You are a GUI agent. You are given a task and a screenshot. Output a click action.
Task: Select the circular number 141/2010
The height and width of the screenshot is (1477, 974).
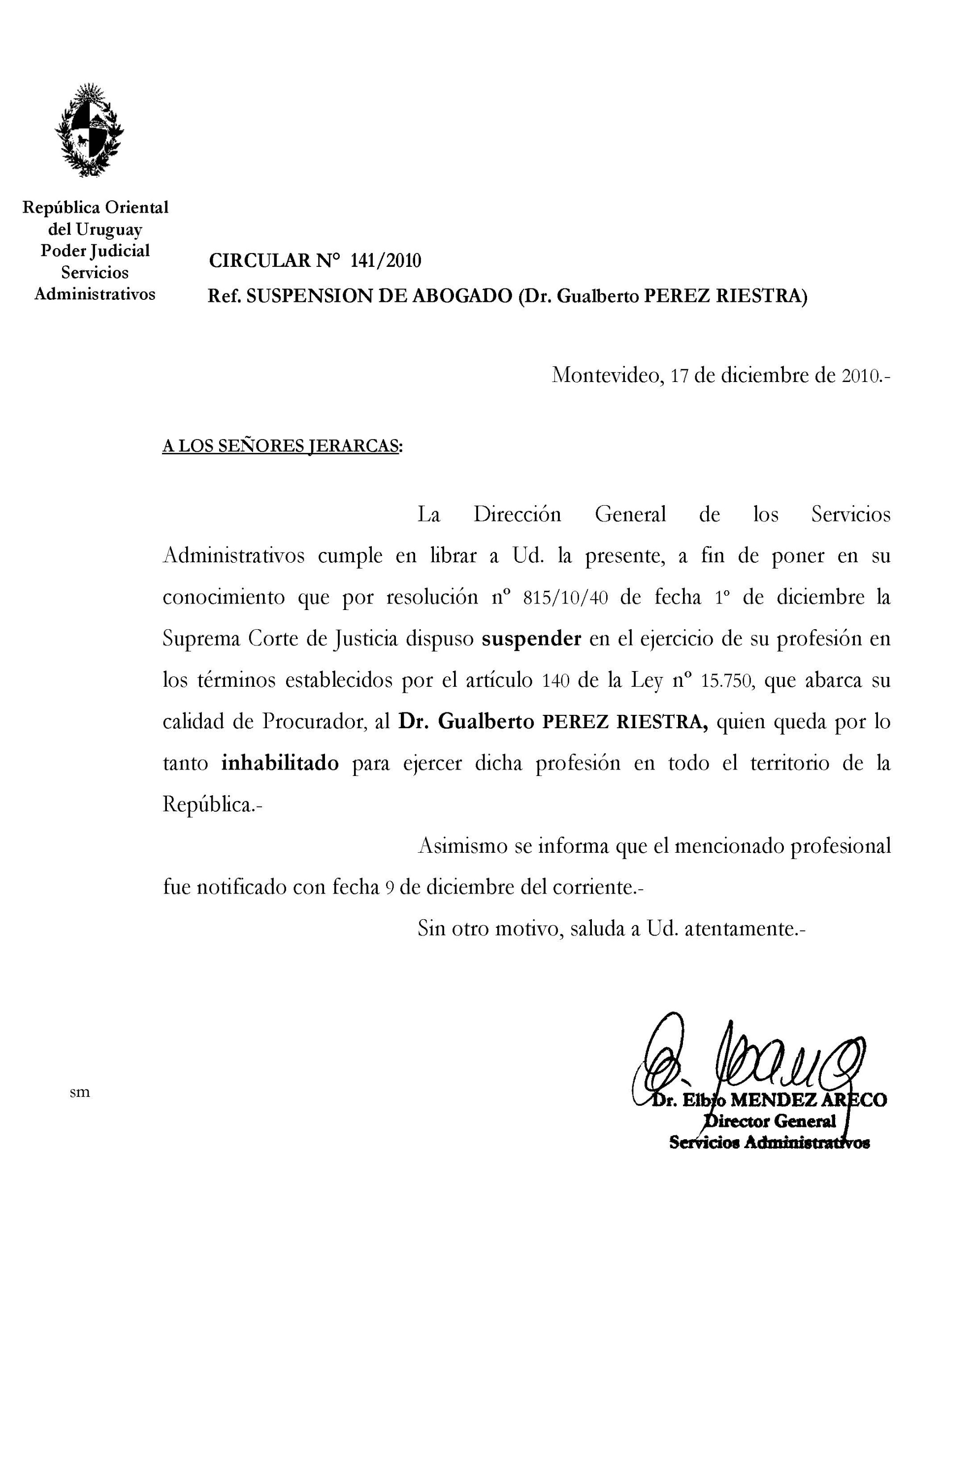[385, 261]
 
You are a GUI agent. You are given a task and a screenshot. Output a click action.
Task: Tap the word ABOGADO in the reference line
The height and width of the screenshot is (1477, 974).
[461, 296]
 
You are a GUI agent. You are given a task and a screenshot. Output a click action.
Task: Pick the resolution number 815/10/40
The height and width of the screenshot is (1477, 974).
[565, 598]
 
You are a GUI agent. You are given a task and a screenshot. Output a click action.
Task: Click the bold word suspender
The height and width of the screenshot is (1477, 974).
[532, 639]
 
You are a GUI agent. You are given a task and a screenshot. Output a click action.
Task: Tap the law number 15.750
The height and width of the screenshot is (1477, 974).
[727, 681]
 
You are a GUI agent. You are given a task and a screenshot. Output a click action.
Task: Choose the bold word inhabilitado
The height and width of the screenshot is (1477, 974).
[280, 763]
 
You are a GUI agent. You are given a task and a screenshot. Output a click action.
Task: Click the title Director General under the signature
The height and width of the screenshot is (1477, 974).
[770, 1121]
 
